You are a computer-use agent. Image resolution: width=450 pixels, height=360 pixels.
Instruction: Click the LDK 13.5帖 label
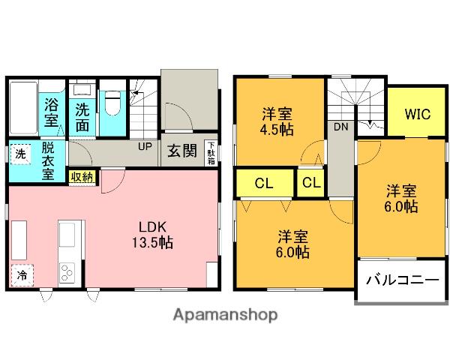pos(155,234)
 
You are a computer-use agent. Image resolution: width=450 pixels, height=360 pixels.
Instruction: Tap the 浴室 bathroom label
pos(52,112)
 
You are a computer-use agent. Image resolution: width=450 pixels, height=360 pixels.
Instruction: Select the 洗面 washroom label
pos(82,116)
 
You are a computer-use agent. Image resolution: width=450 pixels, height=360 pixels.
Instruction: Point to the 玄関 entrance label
pos(181,151)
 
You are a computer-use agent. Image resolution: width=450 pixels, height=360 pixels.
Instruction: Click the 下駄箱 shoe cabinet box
pos(211,152)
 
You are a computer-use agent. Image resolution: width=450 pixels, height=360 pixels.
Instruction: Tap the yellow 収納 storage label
pos(82,176)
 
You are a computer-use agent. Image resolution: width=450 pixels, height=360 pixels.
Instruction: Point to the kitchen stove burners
pos(67,271)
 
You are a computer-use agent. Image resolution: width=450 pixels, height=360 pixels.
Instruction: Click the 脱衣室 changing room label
pos(47,160)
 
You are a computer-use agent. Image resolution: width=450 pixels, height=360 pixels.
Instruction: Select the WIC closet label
pos(416,115)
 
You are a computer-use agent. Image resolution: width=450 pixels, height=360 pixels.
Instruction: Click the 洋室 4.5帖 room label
pos(277,121)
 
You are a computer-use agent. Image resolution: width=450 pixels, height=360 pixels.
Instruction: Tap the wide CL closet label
pos(263,182)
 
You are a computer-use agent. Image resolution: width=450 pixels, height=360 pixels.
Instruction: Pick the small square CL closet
pos(312,182)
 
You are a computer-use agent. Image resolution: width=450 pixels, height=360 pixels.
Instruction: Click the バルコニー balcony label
pos(401,280)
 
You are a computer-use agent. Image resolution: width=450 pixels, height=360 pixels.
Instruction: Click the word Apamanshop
pos(226,315)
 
